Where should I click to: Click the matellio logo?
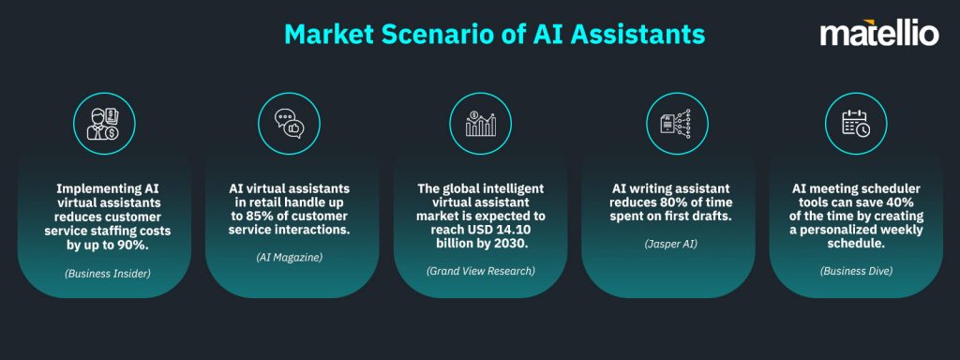pyautogui.click(x=878, y=36)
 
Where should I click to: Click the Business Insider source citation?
pyautogui.click(x=103, y=273)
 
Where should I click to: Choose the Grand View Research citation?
pyautogui.click(x=479, y=271)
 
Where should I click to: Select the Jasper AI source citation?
pyautogui.click(x=667, y=245)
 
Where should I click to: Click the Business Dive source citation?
pyautogui.click(x=855, y=271)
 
